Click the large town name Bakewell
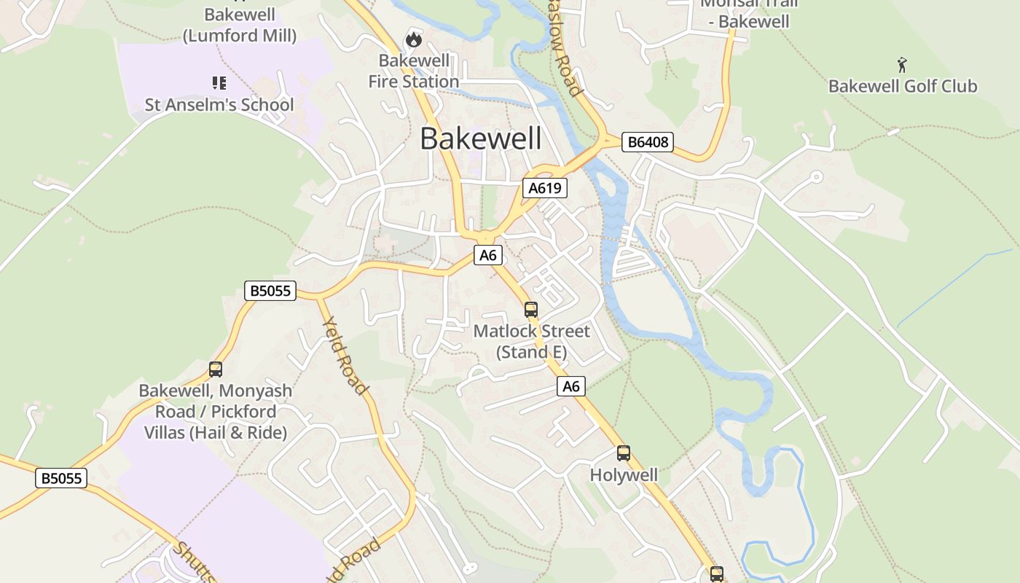[481, 138]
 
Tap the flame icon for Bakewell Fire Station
[414, 39]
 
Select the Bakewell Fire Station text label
[414, 71]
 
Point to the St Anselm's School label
[219, 105]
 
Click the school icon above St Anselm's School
[219, 83]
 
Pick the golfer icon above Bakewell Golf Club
[903, 65]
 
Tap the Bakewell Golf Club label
[903, 86]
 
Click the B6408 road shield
[647, 142]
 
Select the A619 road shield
[545, 188]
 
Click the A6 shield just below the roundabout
[488, 255]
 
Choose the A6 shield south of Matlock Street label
[571, 386]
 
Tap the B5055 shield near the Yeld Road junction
[270, 291]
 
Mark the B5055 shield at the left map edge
[61, 478]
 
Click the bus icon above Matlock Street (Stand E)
[531, 310]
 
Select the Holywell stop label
[624, 475]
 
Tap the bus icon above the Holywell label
[624, 453]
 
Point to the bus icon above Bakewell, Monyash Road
[216, 369]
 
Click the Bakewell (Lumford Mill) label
[240, 25]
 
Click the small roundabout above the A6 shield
[485, 237]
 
